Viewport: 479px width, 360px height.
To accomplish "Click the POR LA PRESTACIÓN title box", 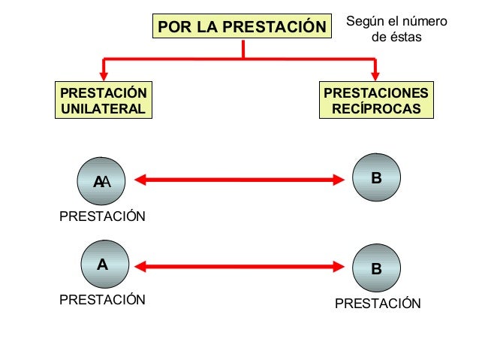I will pos(243,27).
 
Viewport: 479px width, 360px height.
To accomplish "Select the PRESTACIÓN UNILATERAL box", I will pos(103,101).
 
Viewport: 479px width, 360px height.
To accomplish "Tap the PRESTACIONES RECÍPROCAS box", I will pos(376,101).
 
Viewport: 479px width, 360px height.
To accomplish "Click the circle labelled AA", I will pos(102,180).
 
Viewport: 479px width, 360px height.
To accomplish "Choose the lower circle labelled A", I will pos(102,265).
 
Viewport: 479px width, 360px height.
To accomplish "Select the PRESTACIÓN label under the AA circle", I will pos(102,217).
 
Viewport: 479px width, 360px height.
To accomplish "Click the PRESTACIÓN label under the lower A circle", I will pos(102,300).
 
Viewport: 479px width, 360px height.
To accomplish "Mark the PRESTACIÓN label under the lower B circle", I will pos(378,304).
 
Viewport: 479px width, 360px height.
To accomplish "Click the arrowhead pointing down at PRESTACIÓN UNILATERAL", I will pos(104,74).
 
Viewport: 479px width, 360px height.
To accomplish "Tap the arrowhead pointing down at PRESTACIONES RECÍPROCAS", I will pos(376,74).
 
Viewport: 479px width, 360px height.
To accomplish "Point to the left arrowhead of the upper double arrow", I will pos(140,179).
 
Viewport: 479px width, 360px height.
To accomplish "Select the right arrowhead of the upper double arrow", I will pos(338,179).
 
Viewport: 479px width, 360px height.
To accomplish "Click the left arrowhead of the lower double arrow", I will pos(140,265).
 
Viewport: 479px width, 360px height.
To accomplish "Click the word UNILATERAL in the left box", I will pos(103,108).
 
